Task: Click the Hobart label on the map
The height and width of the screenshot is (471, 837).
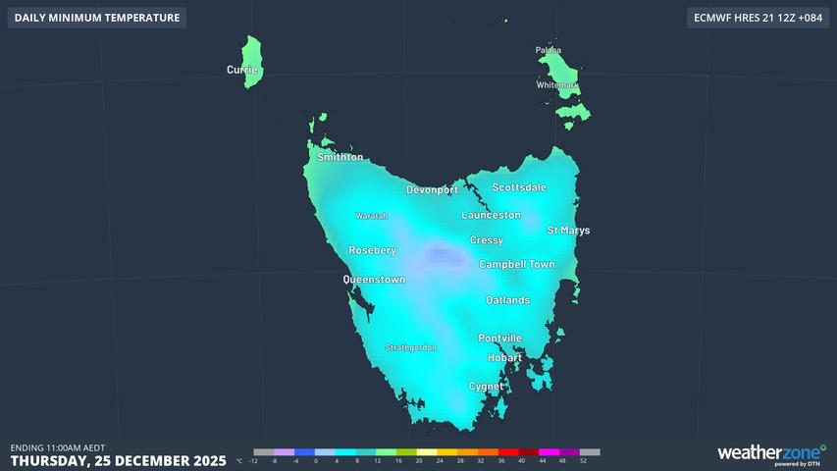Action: [x=504, y=358]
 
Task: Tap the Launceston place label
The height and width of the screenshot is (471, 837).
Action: [x=491, y=215]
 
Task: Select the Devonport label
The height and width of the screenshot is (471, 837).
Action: [x=433, y=189]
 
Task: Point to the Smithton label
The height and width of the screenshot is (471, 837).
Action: [x=340, y=157]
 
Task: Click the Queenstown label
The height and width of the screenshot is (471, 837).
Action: [x=374, y=280]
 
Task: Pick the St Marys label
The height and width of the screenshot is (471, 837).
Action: [x=568, y=231]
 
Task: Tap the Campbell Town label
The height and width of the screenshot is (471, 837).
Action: [x=516, y=265]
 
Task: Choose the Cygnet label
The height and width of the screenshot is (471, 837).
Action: [x=486, y=387]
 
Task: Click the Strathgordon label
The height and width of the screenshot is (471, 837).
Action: [x=410, y=347]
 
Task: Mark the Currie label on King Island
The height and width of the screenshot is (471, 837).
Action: [x=242, y=70]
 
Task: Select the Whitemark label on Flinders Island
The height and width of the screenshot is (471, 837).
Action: [x=557, y=85]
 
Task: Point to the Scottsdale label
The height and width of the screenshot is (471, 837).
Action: [x=519, y=187]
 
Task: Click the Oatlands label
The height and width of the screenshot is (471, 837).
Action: [x=507, y=300]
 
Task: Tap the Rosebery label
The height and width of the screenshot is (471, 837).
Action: [x=372, y=250]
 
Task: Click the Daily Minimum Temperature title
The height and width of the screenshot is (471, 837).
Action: [x=97, y=18]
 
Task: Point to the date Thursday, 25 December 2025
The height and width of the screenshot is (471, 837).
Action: [x=118, y=460]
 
